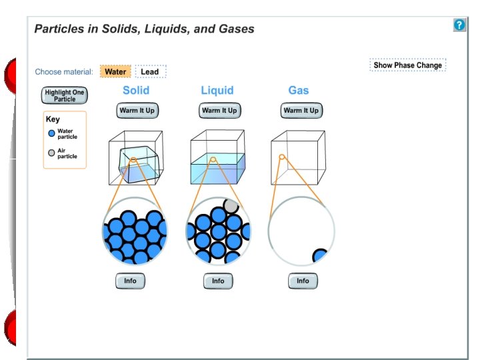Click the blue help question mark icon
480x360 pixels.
point(459,25)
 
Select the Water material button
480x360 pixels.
point(115,71)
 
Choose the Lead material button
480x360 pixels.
point(150,71)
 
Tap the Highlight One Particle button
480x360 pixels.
point(65,95)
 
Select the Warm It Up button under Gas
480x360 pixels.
point(301,110)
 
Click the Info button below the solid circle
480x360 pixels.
point(130,281)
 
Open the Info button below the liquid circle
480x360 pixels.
point(218,281)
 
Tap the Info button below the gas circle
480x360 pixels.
point(303,281)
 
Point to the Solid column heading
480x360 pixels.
point(136,90)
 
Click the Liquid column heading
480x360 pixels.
point(217,90)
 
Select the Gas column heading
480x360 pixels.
point(299,90)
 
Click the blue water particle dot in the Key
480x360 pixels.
point(51,133)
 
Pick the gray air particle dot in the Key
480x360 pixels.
point(51,153)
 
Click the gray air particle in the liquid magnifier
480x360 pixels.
point(231,205)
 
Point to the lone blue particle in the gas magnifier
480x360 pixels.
point(321,257)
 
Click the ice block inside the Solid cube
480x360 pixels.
point(139,163)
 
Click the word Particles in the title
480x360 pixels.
point(57,29)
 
